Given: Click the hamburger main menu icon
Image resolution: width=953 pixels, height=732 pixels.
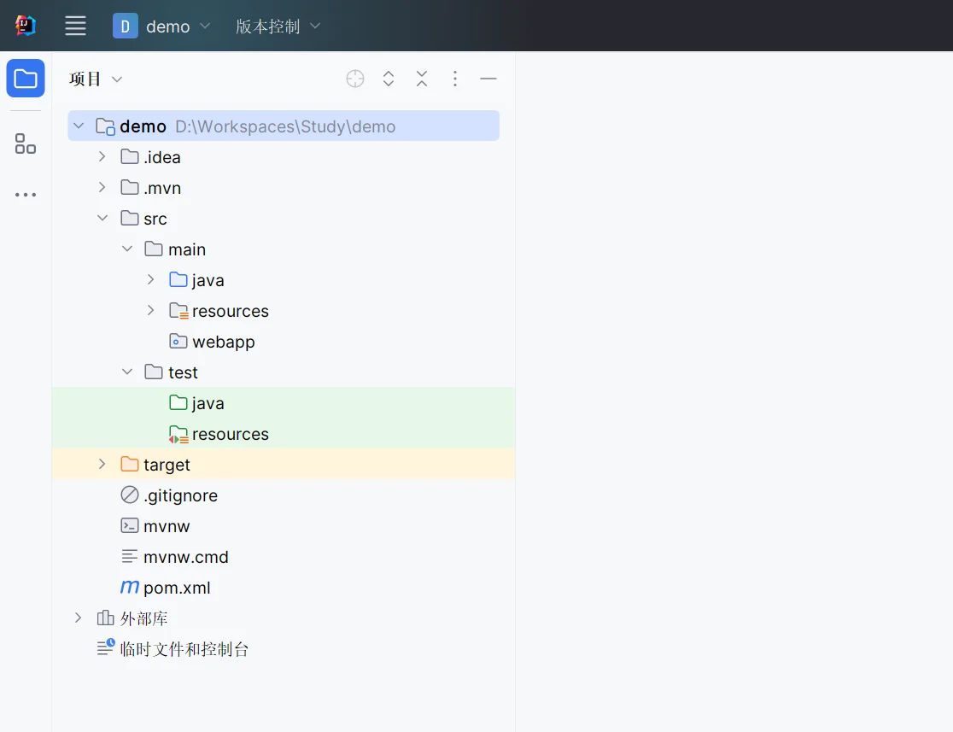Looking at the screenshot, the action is pos(75,26).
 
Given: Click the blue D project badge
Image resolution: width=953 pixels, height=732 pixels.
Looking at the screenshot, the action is pos(126,26).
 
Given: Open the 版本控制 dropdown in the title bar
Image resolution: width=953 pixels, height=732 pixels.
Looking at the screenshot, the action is pos(278,26).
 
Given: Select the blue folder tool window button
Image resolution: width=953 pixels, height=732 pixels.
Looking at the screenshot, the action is pos(26,79).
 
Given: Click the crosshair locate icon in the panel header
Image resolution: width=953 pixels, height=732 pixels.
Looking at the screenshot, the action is pos(355,79).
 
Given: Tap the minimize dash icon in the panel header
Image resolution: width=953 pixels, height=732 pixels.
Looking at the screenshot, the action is pos(488,79).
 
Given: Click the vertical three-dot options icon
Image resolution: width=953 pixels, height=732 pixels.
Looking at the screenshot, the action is pos(454,79).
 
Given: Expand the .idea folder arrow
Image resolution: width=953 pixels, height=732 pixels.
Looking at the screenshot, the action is pos(102,157).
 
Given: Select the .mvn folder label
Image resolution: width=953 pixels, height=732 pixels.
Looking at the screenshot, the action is pos(162,189).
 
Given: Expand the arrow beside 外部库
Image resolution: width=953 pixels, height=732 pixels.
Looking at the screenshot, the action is pos(78,618).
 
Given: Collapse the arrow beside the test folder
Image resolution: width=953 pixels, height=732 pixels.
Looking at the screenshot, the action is pos(127,372).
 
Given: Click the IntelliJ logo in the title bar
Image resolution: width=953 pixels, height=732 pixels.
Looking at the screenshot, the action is pos(26,26).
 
